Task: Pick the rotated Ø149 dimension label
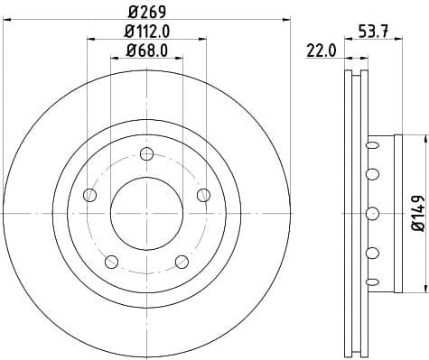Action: pos(416,214)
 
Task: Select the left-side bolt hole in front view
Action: pos(89,194)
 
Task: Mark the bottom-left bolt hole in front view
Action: pos(111,262)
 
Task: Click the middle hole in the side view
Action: pos(371,214)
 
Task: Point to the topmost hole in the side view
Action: pos(371,143)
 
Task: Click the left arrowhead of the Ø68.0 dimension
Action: pos(114,59)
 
